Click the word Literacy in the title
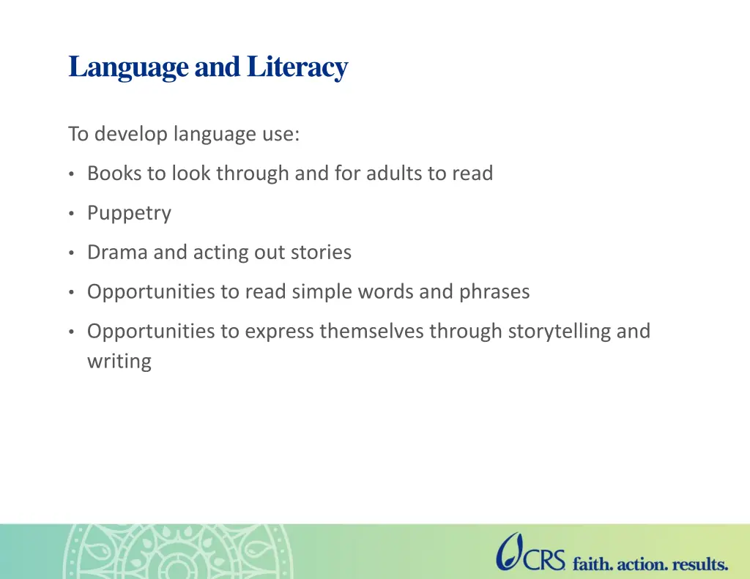click(x=297, y=67)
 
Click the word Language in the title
click(x=128, y=67)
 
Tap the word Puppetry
click(x=129, y=213)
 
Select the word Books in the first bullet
click(x=114, y=173)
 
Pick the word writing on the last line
click(x=119, y=362)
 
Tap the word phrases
click(x=494, y=292)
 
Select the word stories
click(x=321, y=252)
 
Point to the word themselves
click(x=371, y=331)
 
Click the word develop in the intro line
click(x=131, y=135)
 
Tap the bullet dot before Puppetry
click(x=71, y=213)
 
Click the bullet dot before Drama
click(x=71, y=253)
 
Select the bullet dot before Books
click(x=71, y=174)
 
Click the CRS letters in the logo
click(x=543, y=559)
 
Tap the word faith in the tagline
click(x=593, y=564)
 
